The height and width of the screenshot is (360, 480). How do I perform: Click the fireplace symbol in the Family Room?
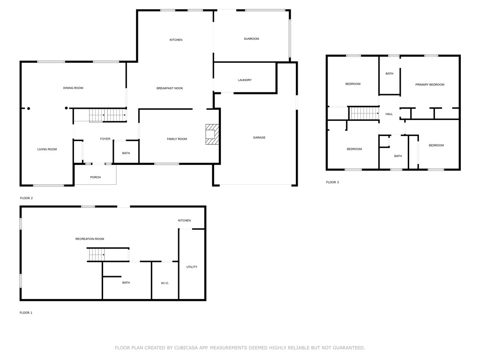tap(212, 134)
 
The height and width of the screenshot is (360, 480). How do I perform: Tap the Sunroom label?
tap(251, 39)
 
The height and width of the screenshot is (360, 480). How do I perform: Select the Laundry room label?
tap(245, 80)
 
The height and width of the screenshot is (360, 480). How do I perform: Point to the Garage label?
tap(259, 138)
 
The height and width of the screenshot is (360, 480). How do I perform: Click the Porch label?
tap(95, 177)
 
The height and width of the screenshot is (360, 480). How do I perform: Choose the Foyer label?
tap(105, 139)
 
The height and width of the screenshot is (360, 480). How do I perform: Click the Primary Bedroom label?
tap(429, 85)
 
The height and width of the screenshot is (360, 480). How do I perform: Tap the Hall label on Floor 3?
tap(389, 114)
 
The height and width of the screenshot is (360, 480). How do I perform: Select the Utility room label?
tap(192, 267)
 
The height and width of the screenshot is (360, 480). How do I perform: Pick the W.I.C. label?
tap(165, 283)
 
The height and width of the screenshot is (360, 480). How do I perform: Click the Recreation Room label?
tap(90, 239)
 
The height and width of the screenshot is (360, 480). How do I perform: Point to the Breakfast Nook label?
tap(170, 89)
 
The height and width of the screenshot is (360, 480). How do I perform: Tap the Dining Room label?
tap(73, 88)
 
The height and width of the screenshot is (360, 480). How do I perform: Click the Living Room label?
tap(47, 150)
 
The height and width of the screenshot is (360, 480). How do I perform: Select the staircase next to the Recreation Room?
tap(97, 255)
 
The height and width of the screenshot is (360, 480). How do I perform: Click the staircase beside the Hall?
tap(364, 113)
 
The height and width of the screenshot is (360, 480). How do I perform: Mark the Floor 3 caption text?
tap(332, 182)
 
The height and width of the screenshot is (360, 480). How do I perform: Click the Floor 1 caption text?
tap(26, 313)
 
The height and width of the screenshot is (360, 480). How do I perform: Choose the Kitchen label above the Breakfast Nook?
tap(176, 40)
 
